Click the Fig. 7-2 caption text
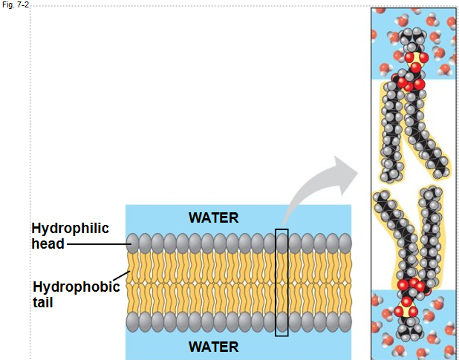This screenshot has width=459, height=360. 14,4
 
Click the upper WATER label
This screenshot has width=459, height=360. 213,217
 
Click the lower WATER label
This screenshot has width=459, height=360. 213,346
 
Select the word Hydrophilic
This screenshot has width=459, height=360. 70,229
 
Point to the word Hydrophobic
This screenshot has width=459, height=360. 76,287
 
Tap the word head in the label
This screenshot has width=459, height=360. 48,243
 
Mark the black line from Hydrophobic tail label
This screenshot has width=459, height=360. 124,278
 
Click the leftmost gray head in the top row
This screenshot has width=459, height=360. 133,242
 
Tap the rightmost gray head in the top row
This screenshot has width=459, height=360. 345,242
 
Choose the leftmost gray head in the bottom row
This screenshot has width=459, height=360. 133,321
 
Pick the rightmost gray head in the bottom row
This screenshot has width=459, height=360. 345,321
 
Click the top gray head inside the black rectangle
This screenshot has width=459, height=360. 281,242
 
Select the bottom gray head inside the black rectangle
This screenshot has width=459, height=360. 281,321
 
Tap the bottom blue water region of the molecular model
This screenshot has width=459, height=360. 386,327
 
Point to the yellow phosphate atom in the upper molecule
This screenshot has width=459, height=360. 414,58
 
